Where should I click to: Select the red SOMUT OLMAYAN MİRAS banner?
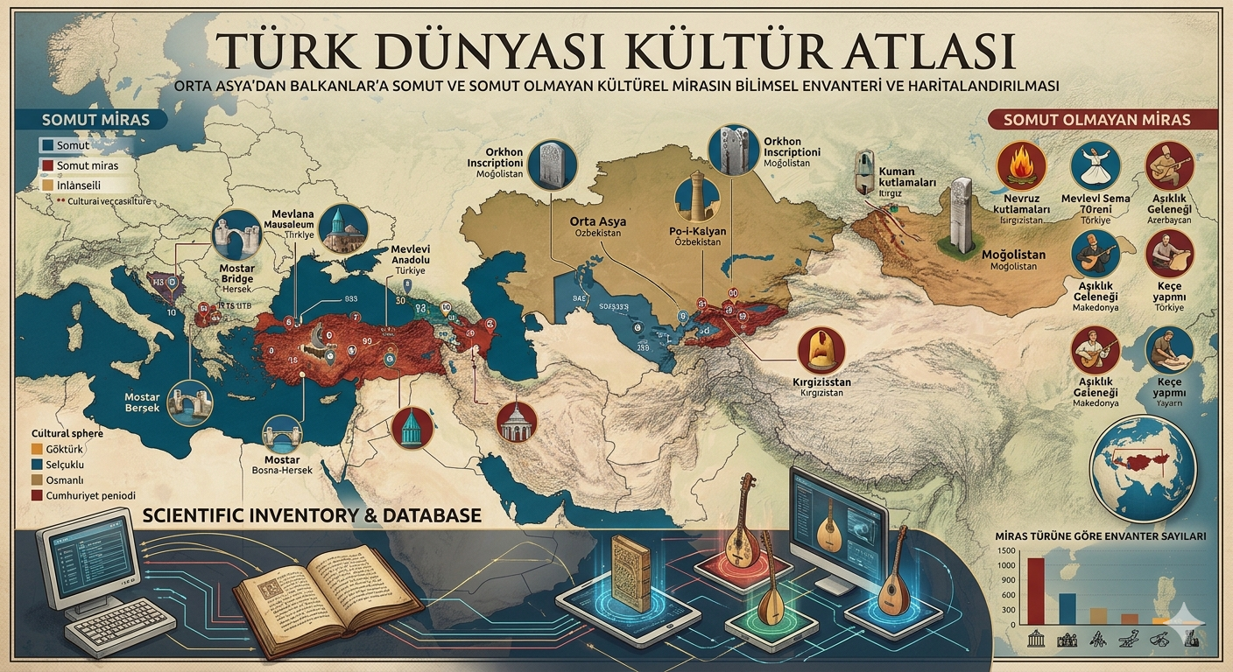click(1103, 119)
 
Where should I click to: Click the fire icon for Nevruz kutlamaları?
click(1023, 165)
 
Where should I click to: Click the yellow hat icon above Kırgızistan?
click(821, 350)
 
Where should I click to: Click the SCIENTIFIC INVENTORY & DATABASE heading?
click(311, 514)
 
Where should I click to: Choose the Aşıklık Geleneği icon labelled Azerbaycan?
click(1169, 165)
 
